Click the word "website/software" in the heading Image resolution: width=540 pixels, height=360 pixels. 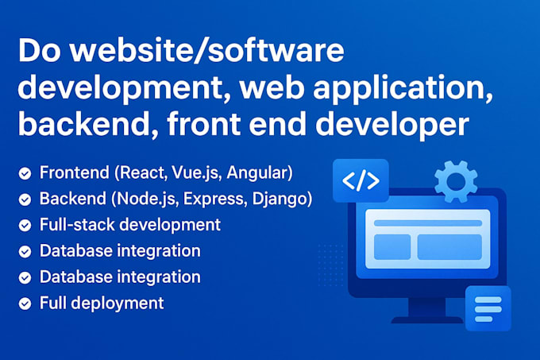point(207,51)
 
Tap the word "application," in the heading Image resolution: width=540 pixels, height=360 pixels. point(403,89)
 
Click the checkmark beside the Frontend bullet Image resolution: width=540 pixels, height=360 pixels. point(25,173)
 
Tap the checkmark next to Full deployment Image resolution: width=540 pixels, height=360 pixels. point(25,304)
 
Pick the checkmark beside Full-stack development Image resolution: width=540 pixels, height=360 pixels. point(25,226)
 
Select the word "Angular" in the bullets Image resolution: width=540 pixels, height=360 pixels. point(257,173)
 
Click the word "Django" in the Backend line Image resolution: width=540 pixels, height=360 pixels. point(280,199)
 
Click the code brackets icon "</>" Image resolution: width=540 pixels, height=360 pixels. point(361,181)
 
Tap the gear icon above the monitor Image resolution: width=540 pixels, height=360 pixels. point(456,181)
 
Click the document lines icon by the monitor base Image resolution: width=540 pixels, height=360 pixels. point(488,309)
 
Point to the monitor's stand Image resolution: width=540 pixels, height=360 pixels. point(427,311)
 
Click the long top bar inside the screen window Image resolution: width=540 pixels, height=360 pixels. point(428,223)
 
